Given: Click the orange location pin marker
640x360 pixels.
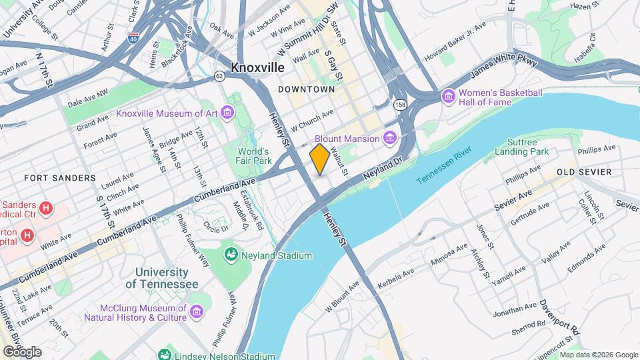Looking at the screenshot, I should coord(319,159).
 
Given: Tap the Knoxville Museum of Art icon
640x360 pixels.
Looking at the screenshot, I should coord(228,113).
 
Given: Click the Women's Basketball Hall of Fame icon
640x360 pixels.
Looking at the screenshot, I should coord(448,97).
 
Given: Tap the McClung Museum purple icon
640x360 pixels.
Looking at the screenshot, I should coord(196,311).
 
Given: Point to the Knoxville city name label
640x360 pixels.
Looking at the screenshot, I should coord(257,67).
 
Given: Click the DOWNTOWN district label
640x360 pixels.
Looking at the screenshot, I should coord(306,89).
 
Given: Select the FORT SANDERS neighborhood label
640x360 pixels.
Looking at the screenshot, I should coord(51,178).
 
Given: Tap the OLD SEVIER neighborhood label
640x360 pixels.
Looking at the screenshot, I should coord(584,172).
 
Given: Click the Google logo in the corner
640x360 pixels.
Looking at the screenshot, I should coord(21,351).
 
